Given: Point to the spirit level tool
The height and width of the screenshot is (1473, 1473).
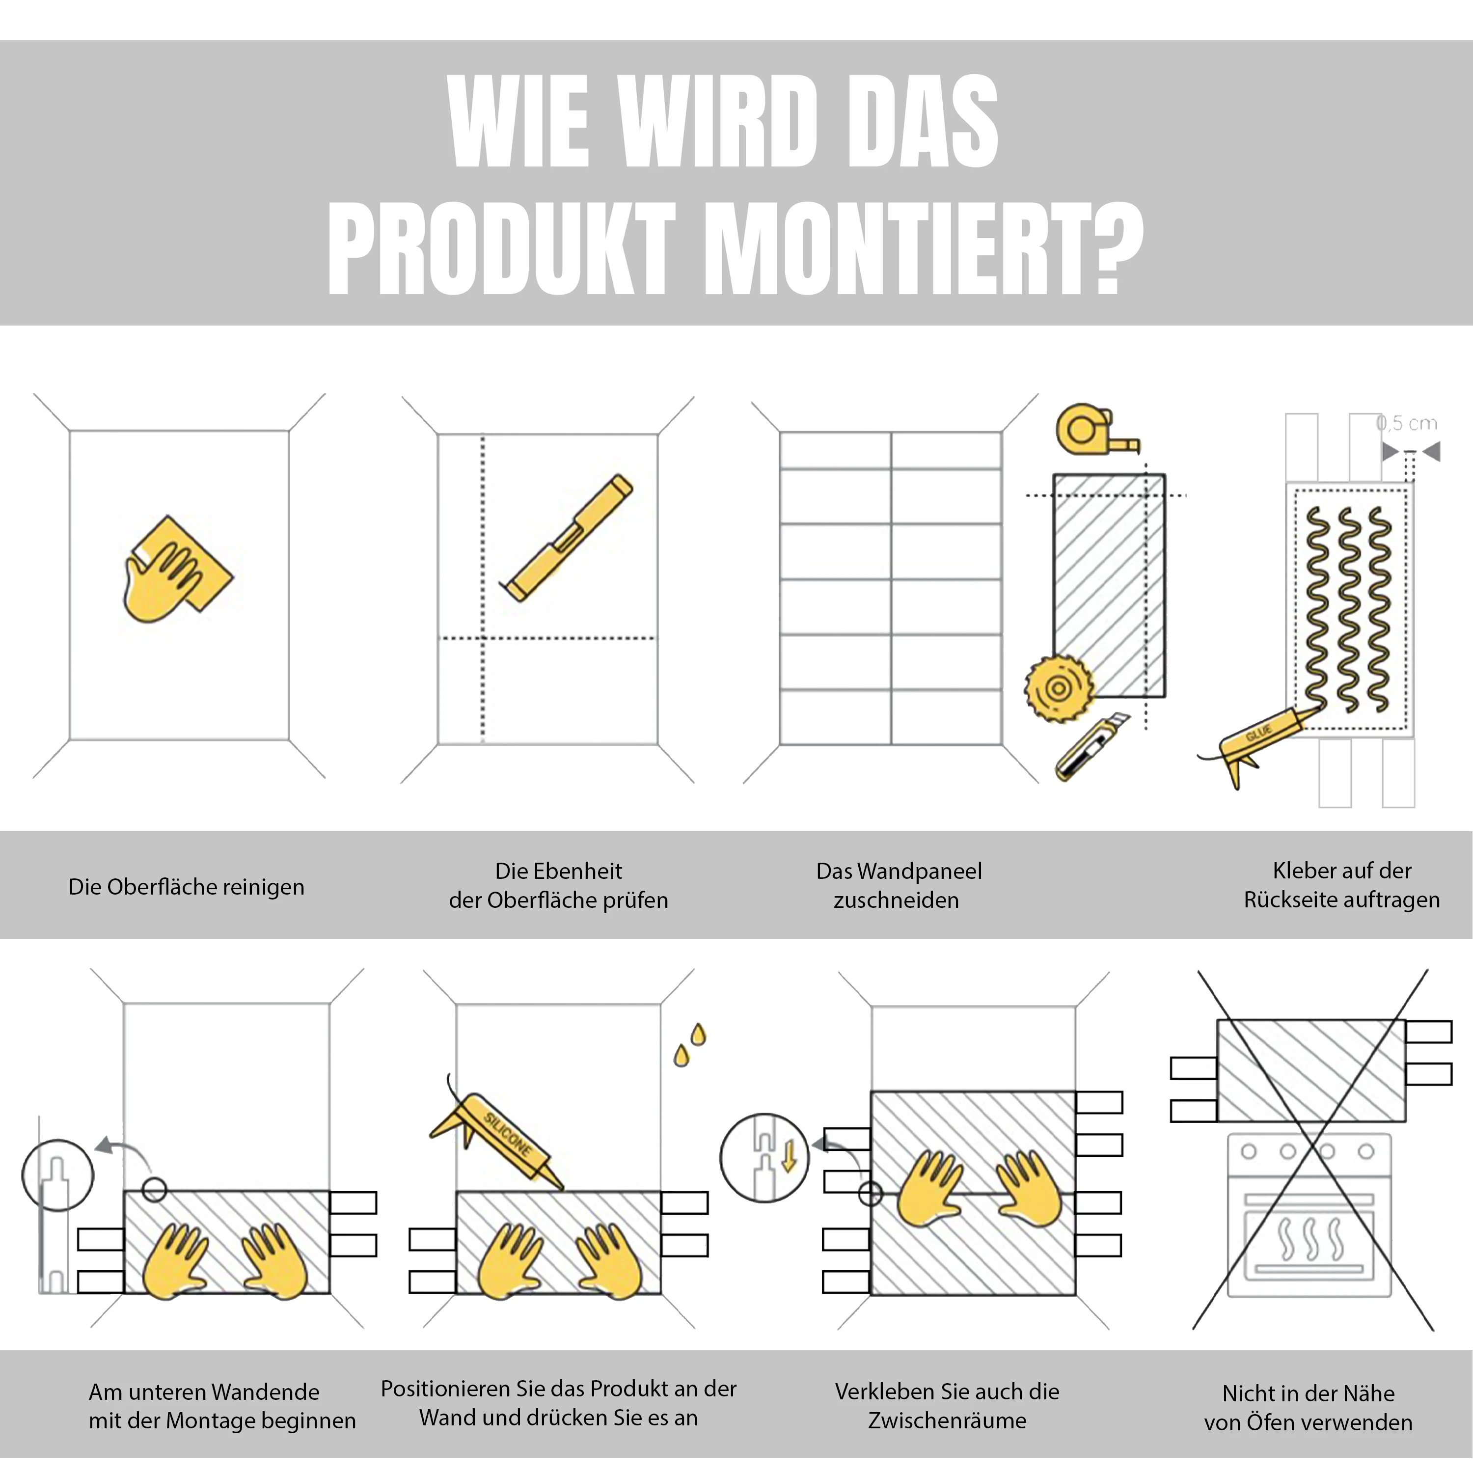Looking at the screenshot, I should pyautogui.click(x=568, y=538).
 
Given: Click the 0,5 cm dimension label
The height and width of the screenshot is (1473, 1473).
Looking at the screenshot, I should pyautogui.click(x=1407, y=423).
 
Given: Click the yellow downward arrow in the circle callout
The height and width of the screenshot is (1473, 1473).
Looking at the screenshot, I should pyautogui.click(x=789, y=1155).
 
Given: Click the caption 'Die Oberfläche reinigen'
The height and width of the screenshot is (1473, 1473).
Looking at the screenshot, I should pyautogui.click(x=186, y=887).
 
